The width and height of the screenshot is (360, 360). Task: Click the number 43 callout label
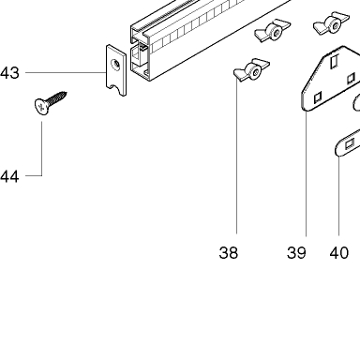(9, 73)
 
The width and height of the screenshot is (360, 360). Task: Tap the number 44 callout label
(9, 176)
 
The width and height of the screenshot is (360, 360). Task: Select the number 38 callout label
(229, 252)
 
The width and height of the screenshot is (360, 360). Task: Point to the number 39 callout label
(296, 252)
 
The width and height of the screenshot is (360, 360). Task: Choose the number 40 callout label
(338, 252)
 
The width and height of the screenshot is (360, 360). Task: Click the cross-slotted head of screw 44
(41, 107)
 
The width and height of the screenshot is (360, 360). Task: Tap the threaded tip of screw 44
(66, 93)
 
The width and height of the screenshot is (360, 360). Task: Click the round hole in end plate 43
(116, 65)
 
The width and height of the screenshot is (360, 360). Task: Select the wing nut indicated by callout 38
(251, 70)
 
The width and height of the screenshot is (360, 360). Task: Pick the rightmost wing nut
(332, 23)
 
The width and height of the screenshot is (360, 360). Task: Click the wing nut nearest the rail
(273, 31)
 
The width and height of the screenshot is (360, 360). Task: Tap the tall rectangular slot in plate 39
(335, 61)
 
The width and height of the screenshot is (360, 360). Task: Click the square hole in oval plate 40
(350, 144)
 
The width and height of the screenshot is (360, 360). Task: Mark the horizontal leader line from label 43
(66, 73)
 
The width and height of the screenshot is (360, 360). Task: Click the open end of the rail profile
(140, 53)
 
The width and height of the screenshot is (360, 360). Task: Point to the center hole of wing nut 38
(256, 73)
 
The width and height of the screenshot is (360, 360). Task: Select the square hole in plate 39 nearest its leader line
(318, 97)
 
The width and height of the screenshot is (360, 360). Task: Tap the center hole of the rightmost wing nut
(336, 26)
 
